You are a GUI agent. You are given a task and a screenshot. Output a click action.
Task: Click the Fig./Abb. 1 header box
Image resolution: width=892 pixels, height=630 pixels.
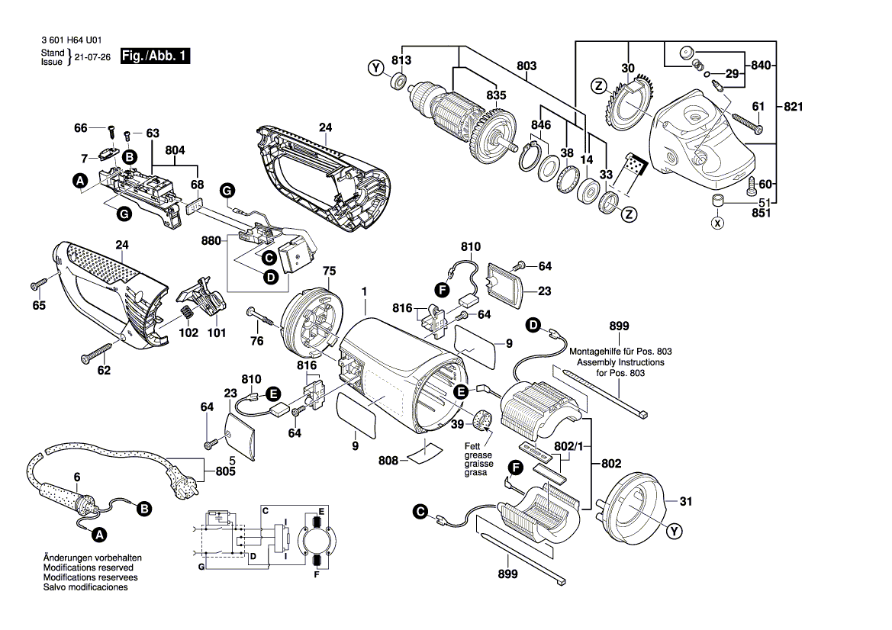click(156, 57)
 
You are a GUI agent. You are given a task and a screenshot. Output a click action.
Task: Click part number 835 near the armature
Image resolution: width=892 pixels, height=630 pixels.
click(496, 95)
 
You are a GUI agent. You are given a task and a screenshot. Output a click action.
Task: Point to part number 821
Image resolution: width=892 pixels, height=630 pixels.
click(794, 107)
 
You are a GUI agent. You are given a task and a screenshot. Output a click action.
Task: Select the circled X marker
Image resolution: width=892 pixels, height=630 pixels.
click(716, 223)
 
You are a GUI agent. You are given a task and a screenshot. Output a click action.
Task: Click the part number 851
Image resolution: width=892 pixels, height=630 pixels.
click(761, 214)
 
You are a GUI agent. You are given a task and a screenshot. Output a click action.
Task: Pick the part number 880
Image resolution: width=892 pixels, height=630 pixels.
click(211, 240)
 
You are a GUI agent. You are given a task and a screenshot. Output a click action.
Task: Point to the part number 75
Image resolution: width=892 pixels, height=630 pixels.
click(329, 270)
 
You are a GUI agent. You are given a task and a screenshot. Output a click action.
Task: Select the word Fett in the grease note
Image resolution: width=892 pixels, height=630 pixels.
click(473, 445)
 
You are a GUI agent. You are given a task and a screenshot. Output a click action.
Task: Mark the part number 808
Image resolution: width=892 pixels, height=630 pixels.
click(389, 461)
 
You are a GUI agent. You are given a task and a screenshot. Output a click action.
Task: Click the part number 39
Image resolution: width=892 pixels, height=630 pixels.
click(456, 425)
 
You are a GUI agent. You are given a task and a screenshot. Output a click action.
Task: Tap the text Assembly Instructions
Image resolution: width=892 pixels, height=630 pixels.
click(620, 362)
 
